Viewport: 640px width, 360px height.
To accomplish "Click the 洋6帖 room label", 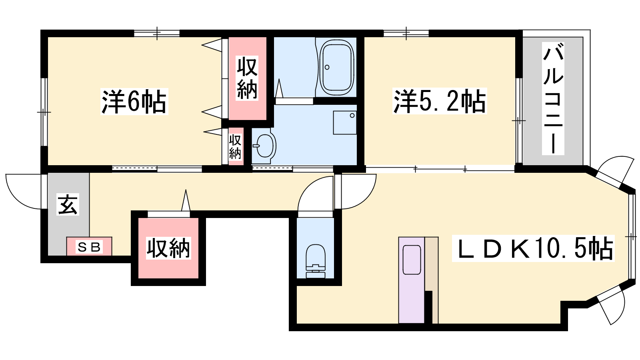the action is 134,102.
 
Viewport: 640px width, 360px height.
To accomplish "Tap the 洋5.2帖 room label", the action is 440,101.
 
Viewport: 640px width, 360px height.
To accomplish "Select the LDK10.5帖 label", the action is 533,248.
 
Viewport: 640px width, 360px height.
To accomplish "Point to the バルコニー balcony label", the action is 553,98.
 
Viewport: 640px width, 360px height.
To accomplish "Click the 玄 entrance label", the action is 68,204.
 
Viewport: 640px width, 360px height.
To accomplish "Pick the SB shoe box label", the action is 89,247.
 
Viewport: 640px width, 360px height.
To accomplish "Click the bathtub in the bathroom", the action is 337,68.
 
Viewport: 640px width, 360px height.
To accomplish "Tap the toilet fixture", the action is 316,261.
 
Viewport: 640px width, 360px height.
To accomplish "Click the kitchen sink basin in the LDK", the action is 412,260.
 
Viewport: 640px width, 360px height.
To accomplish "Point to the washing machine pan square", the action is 345,122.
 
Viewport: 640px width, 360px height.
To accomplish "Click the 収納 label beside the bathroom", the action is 247,78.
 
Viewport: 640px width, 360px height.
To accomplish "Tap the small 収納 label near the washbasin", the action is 235,147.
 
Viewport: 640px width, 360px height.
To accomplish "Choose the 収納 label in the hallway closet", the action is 168,248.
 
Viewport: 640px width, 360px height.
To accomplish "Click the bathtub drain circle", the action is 327,68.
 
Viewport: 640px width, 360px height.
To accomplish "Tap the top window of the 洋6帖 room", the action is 157,34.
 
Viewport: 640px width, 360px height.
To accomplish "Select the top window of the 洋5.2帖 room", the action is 406,34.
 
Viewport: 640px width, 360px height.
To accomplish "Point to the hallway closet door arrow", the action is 186,200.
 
